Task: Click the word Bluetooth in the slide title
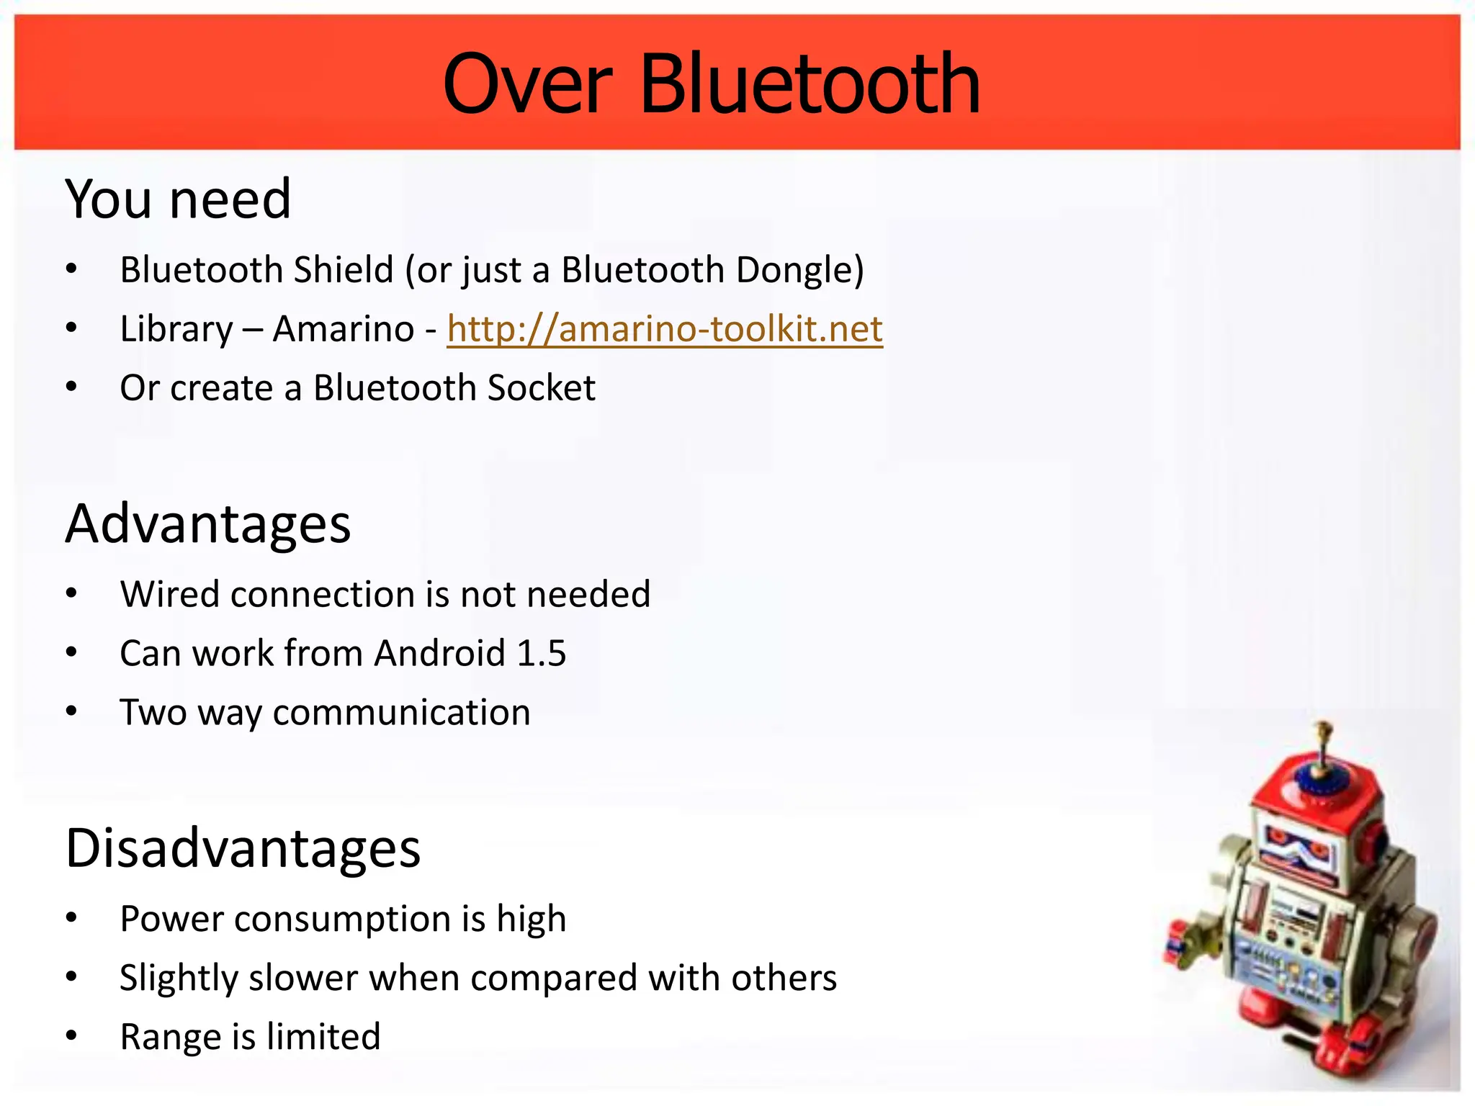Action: (810, 84)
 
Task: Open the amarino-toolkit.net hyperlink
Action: (664, 329)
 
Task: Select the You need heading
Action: (178, 199)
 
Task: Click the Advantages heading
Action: (208, 523)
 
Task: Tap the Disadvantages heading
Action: (243, 848)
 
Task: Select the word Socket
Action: (541, 388)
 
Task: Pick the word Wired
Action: (169, 595)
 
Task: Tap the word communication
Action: (401, 713)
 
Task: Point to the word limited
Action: (323, 1038)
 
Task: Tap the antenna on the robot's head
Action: (1322, 749)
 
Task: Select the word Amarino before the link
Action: (344, 330)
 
